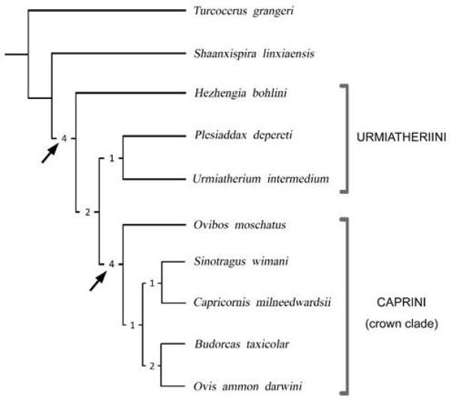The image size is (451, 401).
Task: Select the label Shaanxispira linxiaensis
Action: point(243,53)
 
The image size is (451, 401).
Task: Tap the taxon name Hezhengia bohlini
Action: point(235,94)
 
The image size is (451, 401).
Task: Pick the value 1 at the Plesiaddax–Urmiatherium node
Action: point(110,158)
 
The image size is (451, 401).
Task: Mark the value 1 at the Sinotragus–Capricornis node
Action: point(152,283)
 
